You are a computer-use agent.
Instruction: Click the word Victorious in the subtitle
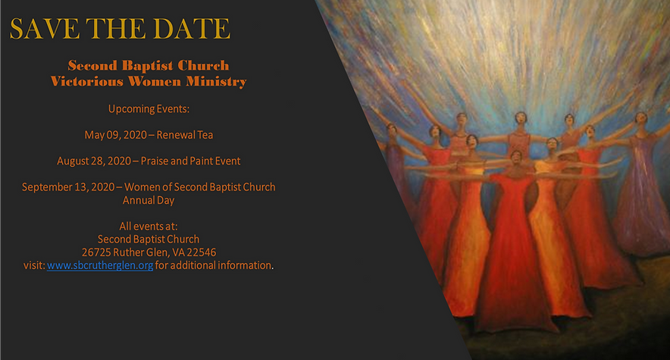coord(83,81)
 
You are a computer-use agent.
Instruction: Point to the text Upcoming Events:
coord(148,108)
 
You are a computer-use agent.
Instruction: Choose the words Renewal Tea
coord(185,135)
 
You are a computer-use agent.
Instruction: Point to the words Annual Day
coord(149,201)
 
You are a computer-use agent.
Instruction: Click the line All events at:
coord(149,227)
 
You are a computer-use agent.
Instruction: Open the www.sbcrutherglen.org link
coord(100,266)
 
